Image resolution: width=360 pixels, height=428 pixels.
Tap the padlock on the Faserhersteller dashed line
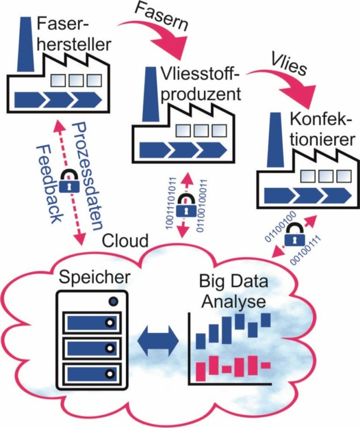(x=69, y=181)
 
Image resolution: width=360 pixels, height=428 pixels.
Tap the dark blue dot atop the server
(x=114, y=303)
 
